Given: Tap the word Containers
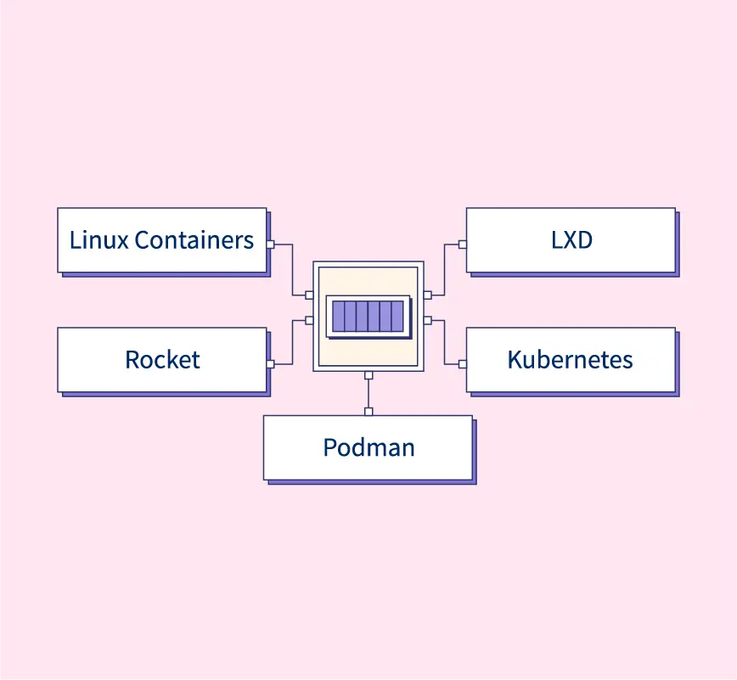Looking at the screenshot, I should (x=194, y=240).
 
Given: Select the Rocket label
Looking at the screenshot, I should (x=162, y=360).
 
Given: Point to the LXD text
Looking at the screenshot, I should (x=571, y=240).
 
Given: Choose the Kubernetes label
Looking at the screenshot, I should (x=570, y=360).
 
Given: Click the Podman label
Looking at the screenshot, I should (x=368, y=447).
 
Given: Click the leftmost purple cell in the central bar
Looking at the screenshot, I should (x=339, y=316).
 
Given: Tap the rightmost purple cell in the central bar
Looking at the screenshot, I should (x=397, y=316).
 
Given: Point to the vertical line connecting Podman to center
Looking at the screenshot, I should (x=368, y=393).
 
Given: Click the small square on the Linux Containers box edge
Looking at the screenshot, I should (x=270, y=244).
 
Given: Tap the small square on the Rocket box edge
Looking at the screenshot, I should (x=270, y=364).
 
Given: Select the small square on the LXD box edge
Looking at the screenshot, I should (x=463, y=244).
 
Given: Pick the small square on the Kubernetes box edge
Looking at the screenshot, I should (x=463, y=364).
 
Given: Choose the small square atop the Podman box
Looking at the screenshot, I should (x=368, y=412).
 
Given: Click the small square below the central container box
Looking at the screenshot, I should (x=368, y=375).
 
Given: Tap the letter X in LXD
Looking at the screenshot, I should (x=571, y=240).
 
